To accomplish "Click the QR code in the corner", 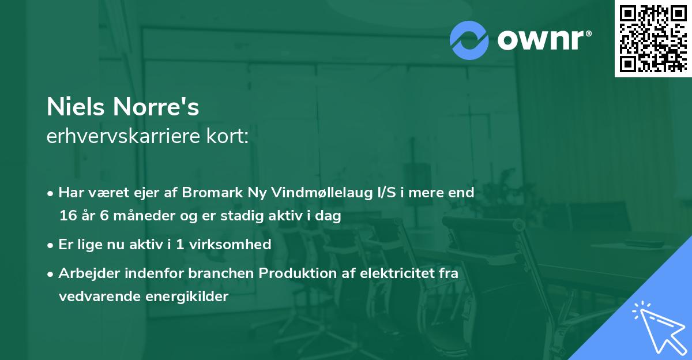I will tap(652, 39).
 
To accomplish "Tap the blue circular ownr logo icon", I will tap(469, 40).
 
